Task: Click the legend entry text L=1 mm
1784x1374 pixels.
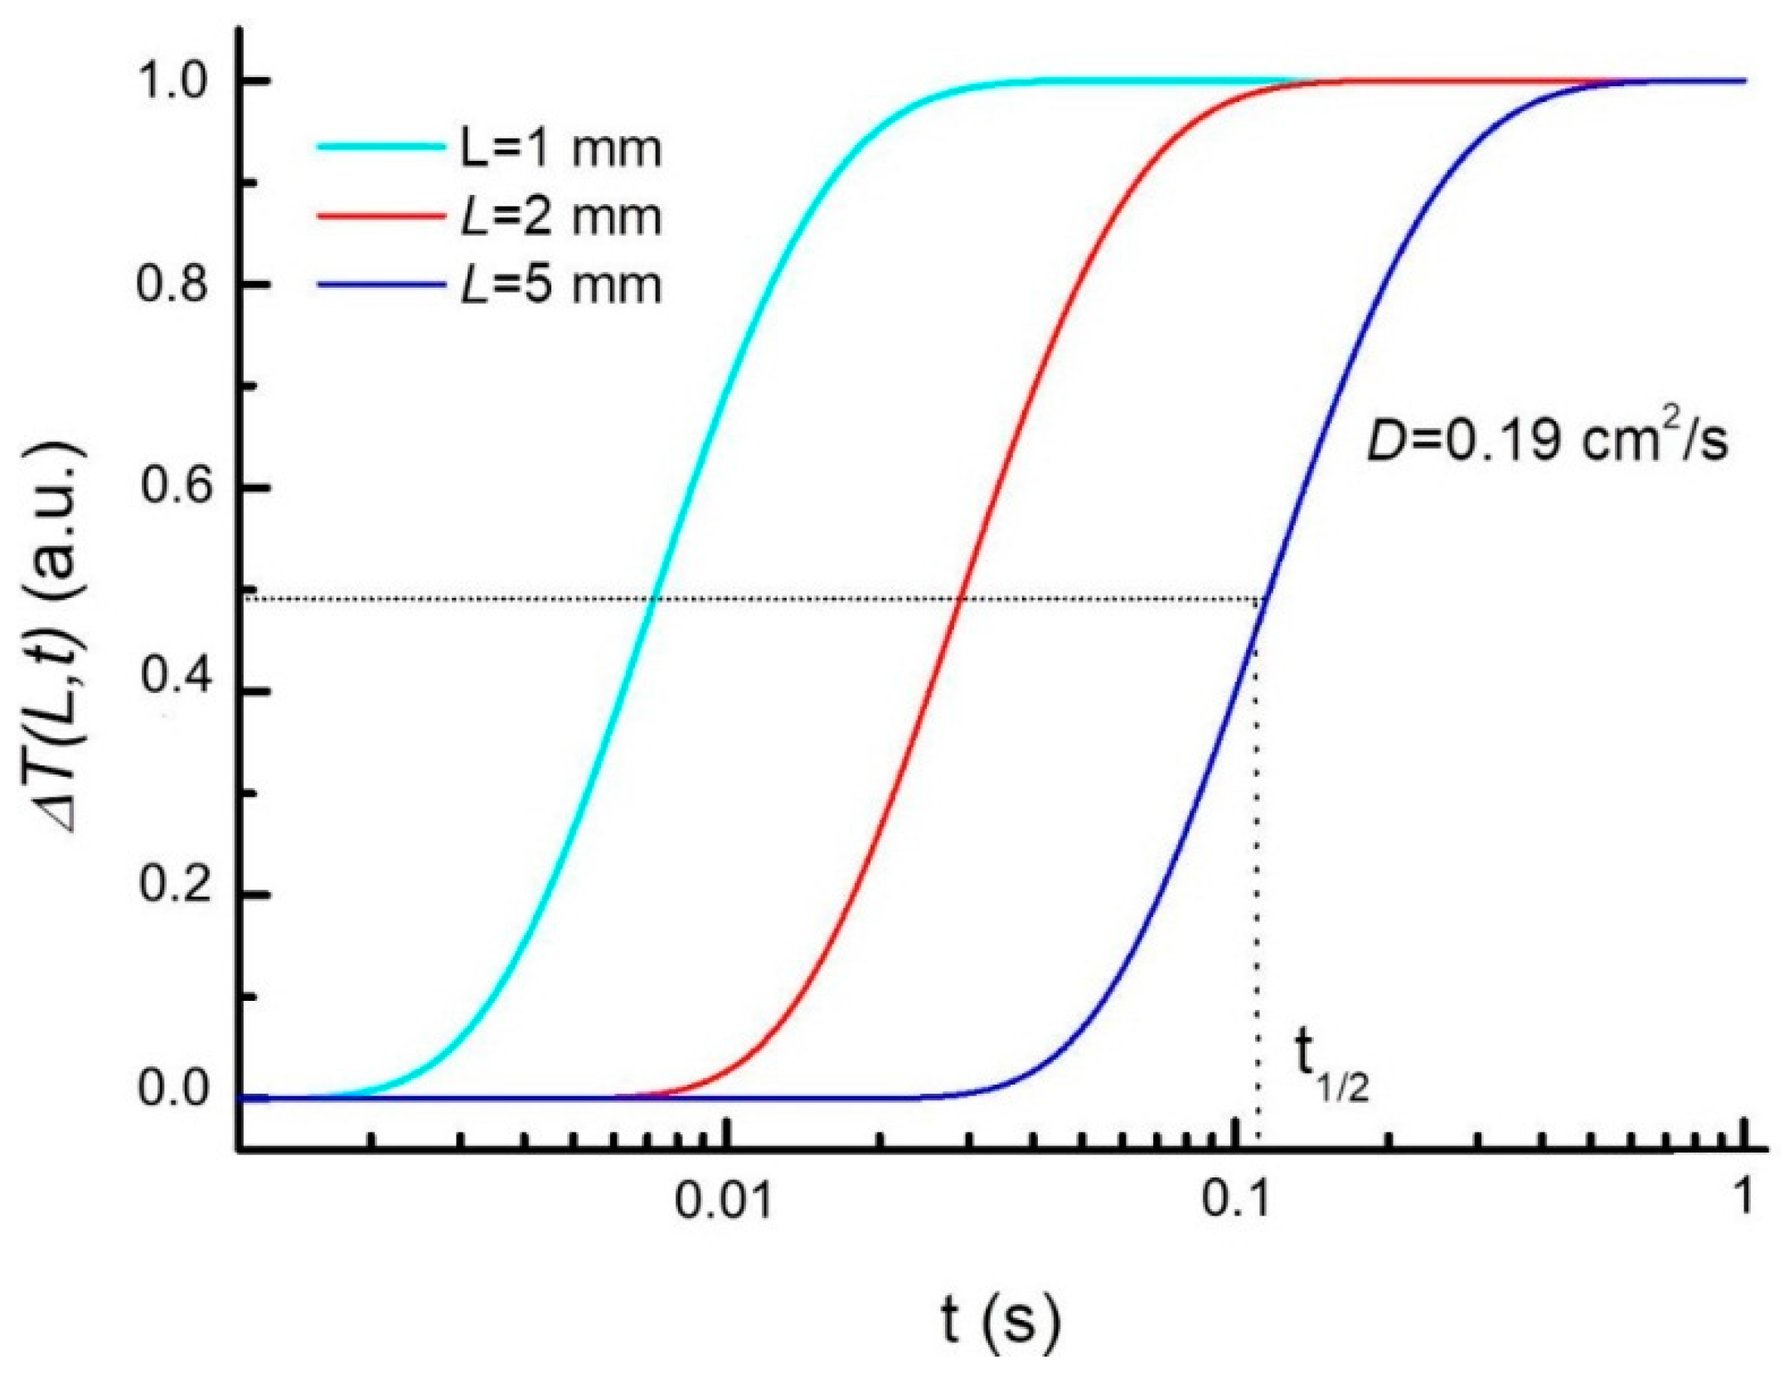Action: click(560, 150)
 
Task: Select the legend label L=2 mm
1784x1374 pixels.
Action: click(560, 218)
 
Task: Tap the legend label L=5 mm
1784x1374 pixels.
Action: click(560, 286)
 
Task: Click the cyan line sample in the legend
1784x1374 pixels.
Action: click(380, 148)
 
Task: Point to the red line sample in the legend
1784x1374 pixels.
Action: click(380, 216)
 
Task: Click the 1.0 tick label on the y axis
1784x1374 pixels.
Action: click(171, 81)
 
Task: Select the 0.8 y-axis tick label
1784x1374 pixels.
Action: click(171, 284)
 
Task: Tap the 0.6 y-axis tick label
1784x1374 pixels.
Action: click(171, 487)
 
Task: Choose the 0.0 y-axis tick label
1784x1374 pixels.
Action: click(171, 1088)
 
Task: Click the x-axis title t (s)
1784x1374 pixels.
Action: click(1000, 1320)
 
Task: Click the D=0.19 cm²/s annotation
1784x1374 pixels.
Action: click(1547, 440)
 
